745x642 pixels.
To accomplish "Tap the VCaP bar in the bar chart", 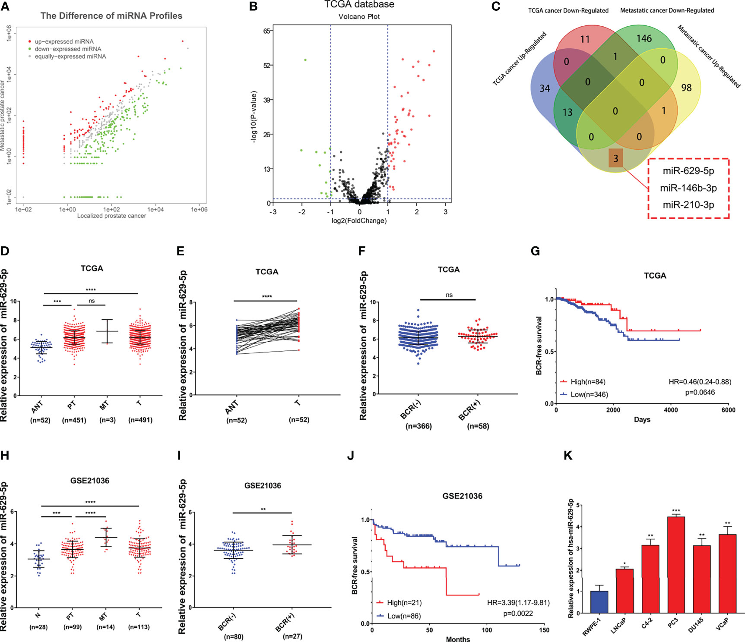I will (x=727, y=573).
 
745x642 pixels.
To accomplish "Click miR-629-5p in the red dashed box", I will (x=688, y=171).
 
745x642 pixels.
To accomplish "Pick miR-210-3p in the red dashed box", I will (x=688, y=205).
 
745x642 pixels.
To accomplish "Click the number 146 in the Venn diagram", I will (x=644, y=39).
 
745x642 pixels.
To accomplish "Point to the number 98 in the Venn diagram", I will (x=686, y=88).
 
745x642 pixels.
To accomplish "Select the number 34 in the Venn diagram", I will (x=545, y=88).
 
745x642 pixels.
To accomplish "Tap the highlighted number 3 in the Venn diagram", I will (x=615, y=159).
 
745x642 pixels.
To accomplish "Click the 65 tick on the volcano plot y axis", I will (x=267, y=31).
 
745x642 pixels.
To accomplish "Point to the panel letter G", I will (x=535, y=251).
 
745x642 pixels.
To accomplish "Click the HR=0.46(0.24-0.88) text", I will (x=700, y=382).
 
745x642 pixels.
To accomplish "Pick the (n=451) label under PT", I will (x=74, y=420).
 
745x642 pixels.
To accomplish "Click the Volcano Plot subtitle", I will (x=359, y=17).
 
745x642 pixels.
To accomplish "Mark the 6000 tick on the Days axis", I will (x=728, y=410).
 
